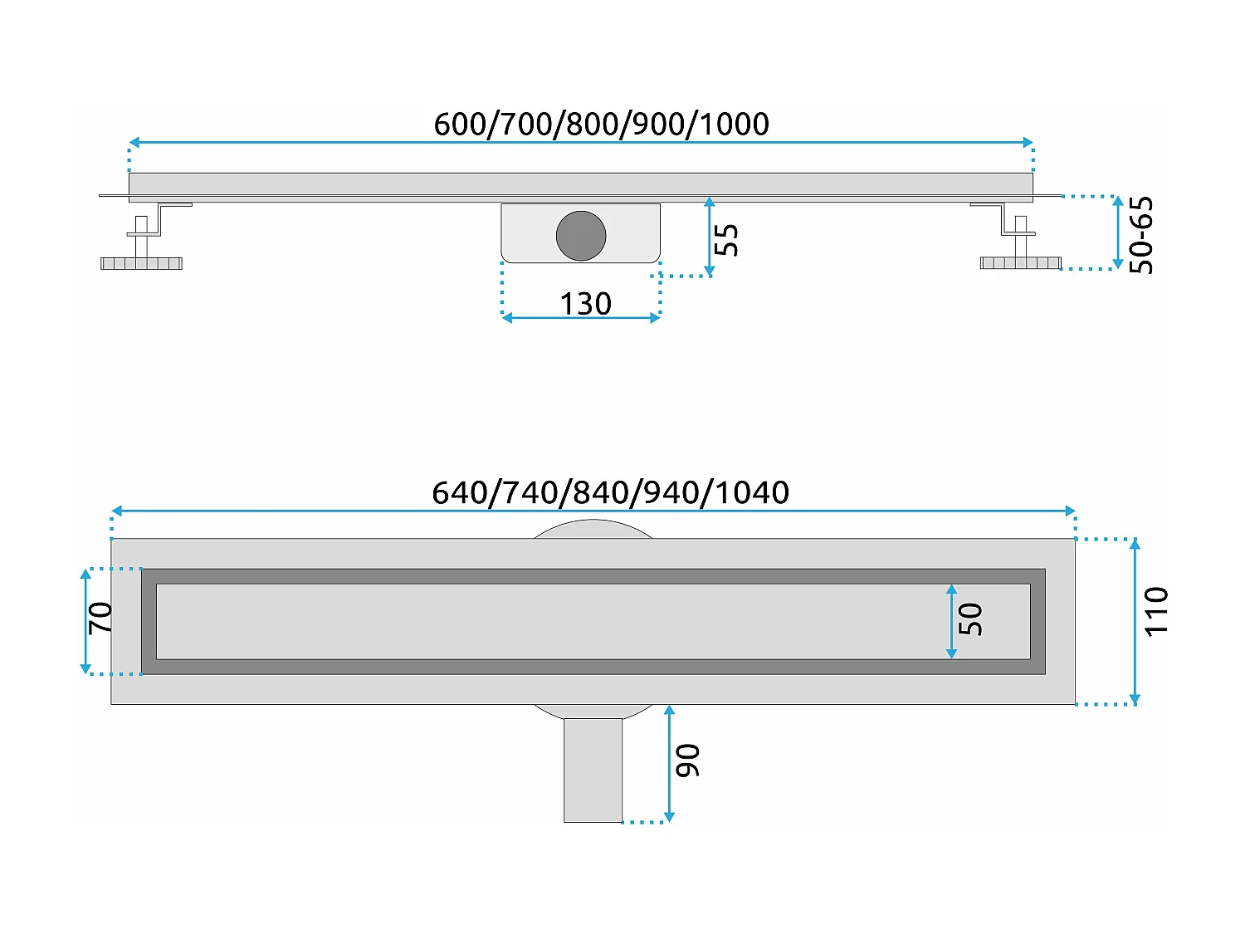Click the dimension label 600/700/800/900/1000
(x=601, y=124)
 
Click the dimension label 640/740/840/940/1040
(x=610, y=492)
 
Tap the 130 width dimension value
(x=585, y=304)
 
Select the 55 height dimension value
(x=726, y=239)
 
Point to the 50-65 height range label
(x=1142, y=235)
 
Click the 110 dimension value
(x=1156, y=611)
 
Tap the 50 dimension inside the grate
(x=970, y=619)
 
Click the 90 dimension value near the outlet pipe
(x=688, y=760)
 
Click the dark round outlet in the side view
(x=581, y=236)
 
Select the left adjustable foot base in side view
(x=141, y=263)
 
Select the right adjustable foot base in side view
(x=1020, y=263)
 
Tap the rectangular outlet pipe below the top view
(x=593, y=770)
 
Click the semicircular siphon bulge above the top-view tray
(x=593, y=529)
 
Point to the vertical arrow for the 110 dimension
(x=1135, y=621)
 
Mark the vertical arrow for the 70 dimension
(x=85, y=621)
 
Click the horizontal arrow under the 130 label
(x=581, y=318)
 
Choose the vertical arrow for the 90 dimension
(x=669, y=764)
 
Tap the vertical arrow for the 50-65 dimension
(x=1117, y=232)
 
